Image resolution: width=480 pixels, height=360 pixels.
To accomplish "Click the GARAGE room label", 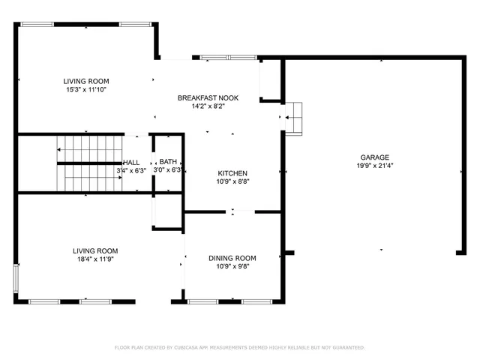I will pos(373,157).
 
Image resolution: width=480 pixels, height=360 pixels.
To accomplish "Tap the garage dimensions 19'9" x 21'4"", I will pos(373,166).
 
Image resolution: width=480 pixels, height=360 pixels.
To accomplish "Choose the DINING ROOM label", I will pos(232,258).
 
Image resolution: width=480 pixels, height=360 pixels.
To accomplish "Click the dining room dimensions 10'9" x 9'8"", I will pos(232,266).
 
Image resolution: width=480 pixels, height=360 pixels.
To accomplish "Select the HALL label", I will pos(131,162).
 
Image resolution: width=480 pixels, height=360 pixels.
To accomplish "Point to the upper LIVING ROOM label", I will pos(85,81).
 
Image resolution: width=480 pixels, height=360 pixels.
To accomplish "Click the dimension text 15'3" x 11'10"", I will pos(85,89).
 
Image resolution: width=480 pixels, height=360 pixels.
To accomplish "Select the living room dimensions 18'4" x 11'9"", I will pos(94,259).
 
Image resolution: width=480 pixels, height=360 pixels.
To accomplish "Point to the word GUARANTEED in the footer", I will pos(346,347).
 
